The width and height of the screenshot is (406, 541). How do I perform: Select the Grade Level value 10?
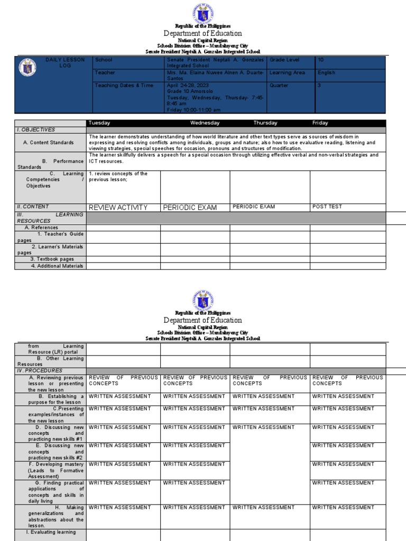[x=320, y=60]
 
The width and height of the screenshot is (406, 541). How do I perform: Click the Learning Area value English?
[x=326, y=73]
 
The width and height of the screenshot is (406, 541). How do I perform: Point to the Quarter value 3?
[x=319, y=85]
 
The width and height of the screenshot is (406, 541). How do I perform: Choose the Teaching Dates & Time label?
[x=116, y=85]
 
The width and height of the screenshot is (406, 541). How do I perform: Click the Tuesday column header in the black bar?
[x=99, y=123]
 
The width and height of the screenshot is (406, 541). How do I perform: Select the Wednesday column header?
[x=205, y=123]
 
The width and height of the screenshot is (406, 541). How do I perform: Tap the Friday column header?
[x=320, y=123]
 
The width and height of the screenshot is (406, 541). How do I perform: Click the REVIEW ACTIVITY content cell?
[x=118, y=207]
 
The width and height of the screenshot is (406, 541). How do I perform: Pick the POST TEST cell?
[x=328, y=207]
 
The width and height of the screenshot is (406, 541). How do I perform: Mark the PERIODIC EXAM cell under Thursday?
[x=254, y=207]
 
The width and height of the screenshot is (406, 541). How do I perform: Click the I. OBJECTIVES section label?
[x=36, y=129]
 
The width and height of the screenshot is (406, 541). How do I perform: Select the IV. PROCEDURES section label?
[x=40, y=371]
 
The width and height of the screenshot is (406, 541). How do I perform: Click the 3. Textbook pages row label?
[x=52, y=259]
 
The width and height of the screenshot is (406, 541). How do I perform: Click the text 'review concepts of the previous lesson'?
[x=118, y=176]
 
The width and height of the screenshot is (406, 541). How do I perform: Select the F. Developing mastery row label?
[x=56, y=470]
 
